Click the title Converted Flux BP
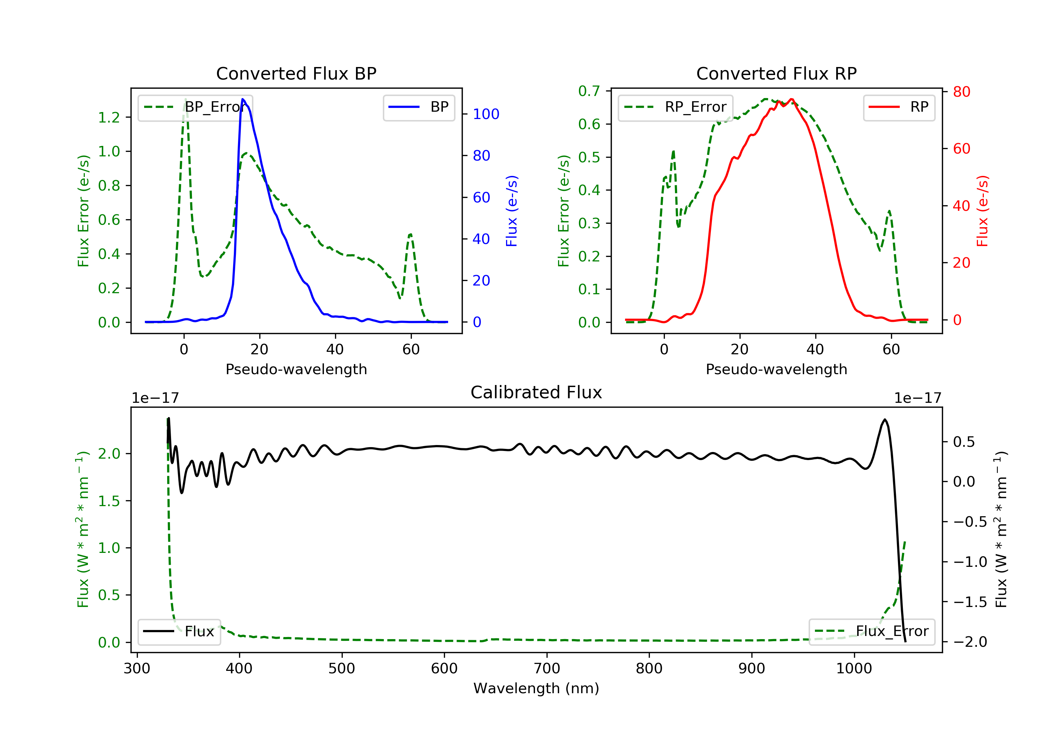point(296,73)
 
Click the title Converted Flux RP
point(776,73)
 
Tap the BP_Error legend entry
point(195,107)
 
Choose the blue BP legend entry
point(418,107)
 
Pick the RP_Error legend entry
point(675,107)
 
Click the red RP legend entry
point(899,107)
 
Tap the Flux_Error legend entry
point(871,631)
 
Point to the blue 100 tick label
point(486,114)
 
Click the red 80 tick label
point(961,92)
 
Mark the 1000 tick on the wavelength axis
point(854,669)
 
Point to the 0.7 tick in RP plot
point(589,91)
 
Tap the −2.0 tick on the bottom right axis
point(970,642)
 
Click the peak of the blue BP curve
point(243,99)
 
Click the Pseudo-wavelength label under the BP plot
point(296,369)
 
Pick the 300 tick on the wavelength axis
point(137,669)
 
